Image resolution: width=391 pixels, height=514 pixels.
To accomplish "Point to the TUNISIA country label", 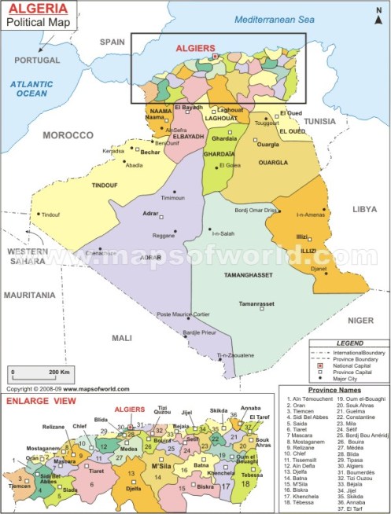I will (319, 121).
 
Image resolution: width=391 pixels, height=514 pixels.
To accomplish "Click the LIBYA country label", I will (363, 210).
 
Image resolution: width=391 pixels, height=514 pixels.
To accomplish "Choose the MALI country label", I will (122, 337).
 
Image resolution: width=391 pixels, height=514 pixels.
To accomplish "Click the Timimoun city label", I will (172, 197).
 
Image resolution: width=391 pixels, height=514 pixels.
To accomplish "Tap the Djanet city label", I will (319, 269).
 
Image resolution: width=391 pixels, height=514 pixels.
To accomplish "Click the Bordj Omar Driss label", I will (256, 211).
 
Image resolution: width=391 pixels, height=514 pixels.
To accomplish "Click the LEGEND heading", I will (350, 343).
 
